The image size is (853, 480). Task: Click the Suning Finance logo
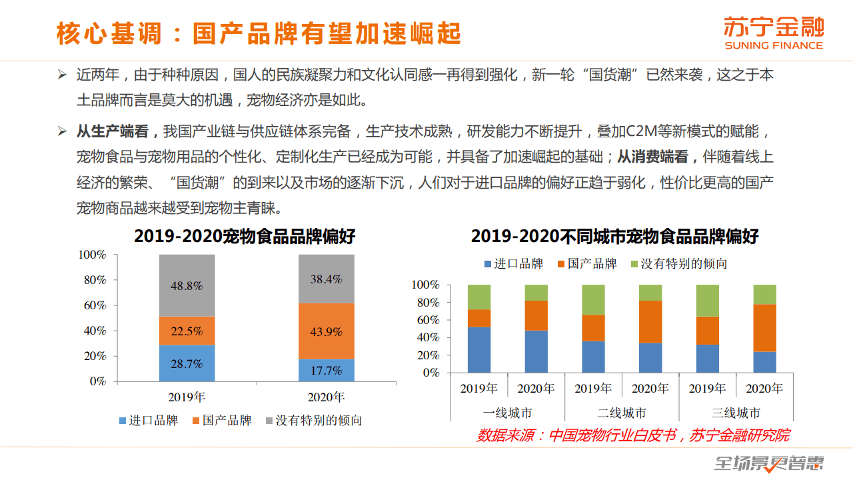tap(774, 33)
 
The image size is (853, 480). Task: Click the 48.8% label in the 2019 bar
tap(187, 285)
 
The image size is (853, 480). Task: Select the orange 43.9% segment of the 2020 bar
tap(326, 331)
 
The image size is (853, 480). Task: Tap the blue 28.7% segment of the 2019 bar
tap(187, 363)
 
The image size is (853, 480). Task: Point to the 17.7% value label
tap(326, 371)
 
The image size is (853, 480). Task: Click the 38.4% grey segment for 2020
tap(326, 279)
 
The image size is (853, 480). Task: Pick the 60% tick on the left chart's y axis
tap(93, 305)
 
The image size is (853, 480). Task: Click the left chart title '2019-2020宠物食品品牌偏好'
tap(245, 237)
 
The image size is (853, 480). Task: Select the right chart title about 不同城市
tap(614, 237)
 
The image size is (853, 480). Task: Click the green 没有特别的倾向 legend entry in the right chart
tap(678, 264)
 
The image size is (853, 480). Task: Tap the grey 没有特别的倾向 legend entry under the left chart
tap(314, 421)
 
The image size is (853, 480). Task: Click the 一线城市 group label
tap(507, 413)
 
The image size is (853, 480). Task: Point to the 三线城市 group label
tap(736, 413)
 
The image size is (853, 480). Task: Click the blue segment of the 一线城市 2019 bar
tap(479, 350)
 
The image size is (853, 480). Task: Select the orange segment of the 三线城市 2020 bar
tap(764, 328)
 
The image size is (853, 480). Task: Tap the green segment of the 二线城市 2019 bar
tap(593, 300)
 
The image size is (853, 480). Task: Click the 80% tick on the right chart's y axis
tap(427, 303)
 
